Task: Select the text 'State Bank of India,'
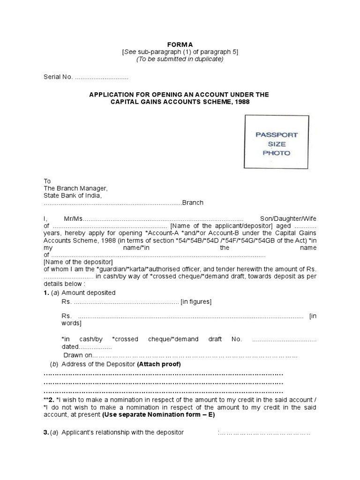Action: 73,195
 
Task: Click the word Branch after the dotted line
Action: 193,202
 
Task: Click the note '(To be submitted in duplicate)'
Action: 180,59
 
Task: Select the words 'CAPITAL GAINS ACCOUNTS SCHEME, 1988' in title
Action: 180,102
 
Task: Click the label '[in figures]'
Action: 196,301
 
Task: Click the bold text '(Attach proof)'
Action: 159,364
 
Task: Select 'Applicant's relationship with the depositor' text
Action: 122,432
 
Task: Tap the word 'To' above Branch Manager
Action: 47,181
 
